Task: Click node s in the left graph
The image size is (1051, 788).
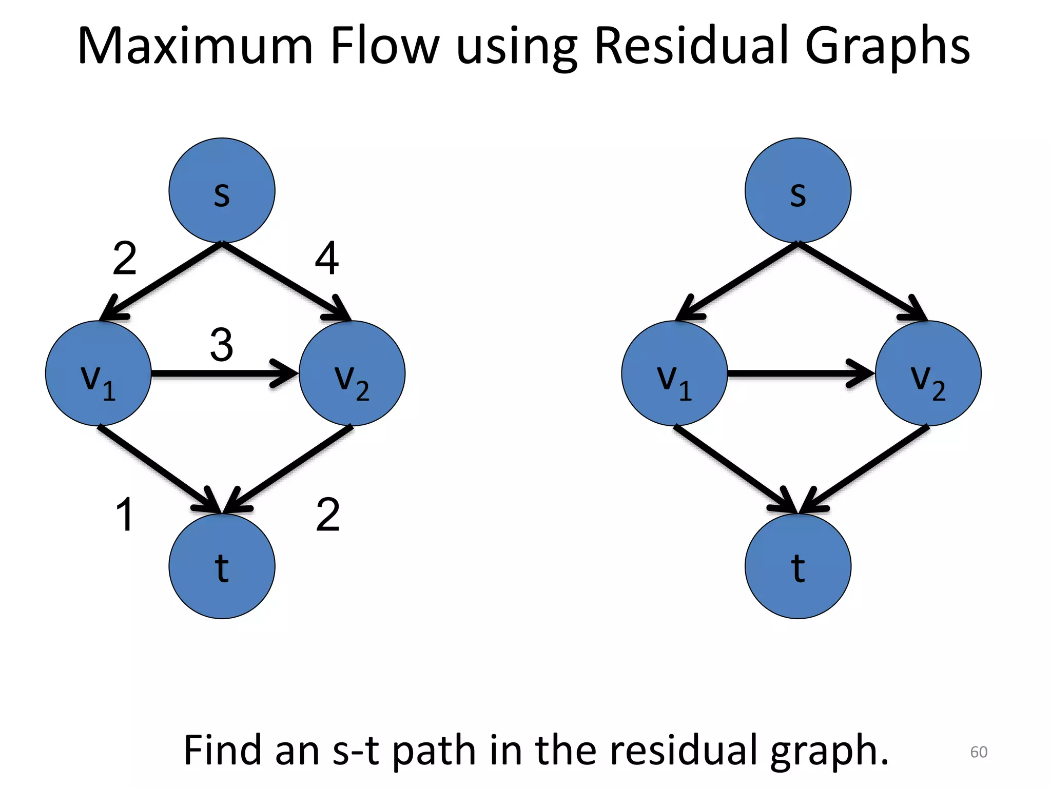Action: click(222, 190)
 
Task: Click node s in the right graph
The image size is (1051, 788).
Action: click(797, 190)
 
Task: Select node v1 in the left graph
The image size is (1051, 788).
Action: click(98, 373)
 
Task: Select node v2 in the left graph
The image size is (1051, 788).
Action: click(352, 373)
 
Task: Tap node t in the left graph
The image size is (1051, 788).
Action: click(222, 566)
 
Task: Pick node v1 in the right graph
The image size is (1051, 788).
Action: click(674, 373)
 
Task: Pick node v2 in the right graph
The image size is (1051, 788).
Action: click(928, 373)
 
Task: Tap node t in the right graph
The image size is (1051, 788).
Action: click(797, 566)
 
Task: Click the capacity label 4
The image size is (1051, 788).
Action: click(326, 259)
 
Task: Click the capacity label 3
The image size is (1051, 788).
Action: click(222, 345)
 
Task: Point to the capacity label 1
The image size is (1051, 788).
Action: click(125, 514)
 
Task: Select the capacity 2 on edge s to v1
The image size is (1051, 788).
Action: click(125, 259)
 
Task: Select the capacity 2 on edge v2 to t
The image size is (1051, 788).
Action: click(327, 514)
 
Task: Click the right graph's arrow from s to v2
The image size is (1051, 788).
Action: click(862, 282)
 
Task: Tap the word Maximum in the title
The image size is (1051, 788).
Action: click(195, 46)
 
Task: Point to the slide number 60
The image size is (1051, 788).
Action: click(978, 752)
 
